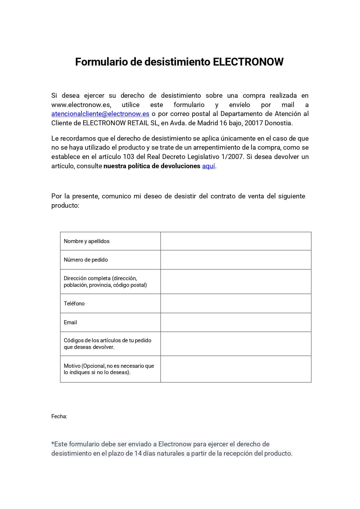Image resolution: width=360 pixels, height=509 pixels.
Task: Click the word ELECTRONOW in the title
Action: [248, 62]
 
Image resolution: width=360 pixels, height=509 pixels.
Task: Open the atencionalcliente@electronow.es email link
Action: [100, 114]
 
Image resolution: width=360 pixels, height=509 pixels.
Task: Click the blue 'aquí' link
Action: [208, 166]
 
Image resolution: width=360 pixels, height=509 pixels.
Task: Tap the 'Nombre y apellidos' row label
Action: [86, 241]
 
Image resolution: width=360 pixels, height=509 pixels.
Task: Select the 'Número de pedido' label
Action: [86, 260]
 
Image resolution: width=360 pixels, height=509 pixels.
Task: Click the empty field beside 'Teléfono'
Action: [236, 303]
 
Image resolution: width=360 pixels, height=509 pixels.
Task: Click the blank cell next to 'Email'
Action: [236, 322]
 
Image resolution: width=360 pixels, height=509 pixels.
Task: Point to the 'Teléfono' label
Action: [74, 304]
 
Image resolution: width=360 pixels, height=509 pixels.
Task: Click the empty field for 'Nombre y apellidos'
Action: [236, 241]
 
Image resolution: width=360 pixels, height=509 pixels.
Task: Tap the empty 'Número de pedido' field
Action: [236, 260]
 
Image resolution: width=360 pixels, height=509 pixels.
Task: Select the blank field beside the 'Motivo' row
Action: [236, 369]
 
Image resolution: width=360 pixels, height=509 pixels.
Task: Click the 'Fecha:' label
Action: [59, 416]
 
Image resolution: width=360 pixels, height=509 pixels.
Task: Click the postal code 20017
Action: [254, 123]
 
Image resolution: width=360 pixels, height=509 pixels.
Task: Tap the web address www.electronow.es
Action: [81, 105]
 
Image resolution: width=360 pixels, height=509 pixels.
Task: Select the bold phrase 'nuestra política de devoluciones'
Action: [152, 166]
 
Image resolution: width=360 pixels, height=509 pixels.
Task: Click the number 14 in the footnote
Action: [138, 453]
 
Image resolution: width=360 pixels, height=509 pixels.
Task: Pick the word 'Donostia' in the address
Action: [278, 123]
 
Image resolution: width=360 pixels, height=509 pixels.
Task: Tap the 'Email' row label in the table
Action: [70, 323]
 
